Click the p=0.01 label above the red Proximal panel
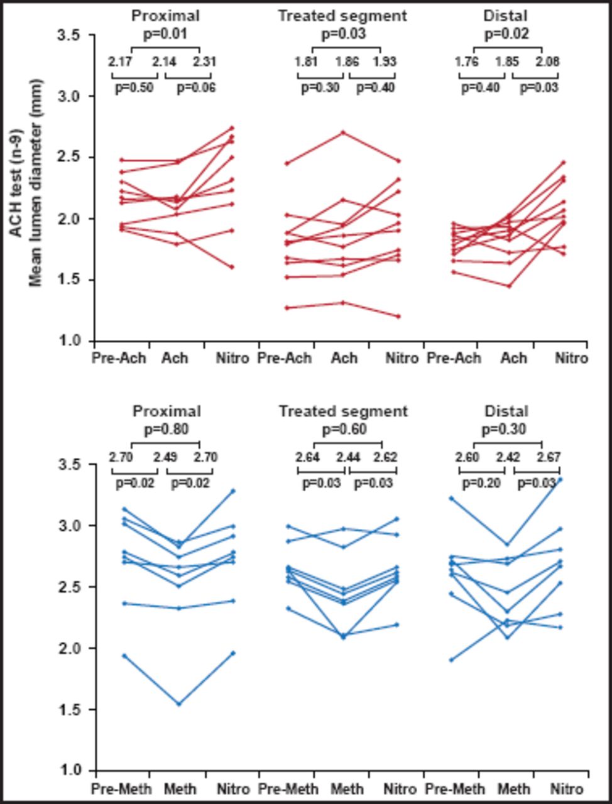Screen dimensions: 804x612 [x=167, y=34]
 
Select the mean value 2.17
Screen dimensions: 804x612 [x=119, y=62]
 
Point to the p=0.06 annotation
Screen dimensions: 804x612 [x=195, y=88]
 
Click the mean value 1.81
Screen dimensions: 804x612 [x=306, y=62]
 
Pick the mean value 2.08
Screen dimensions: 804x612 [x=548, y=62]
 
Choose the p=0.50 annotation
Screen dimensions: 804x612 [x=134, y=88]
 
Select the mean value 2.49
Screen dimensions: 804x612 [x=163, y=457]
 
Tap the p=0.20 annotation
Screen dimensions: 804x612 [x=481, y=484]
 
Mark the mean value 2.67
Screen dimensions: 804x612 [x=548, y=457]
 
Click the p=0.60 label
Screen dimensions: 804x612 [x=344, y=430]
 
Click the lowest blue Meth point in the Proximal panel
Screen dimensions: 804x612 [x=178, y=703]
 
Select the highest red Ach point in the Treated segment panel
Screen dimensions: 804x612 [x=343, y=133]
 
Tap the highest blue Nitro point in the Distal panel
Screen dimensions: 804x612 [x=560, y=479]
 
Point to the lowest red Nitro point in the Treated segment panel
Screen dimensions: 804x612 [x=398, y=316]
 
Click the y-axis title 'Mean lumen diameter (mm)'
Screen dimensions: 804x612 [x=36, y=182]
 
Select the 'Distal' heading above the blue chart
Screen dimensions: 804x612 [x=506, y=411]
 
